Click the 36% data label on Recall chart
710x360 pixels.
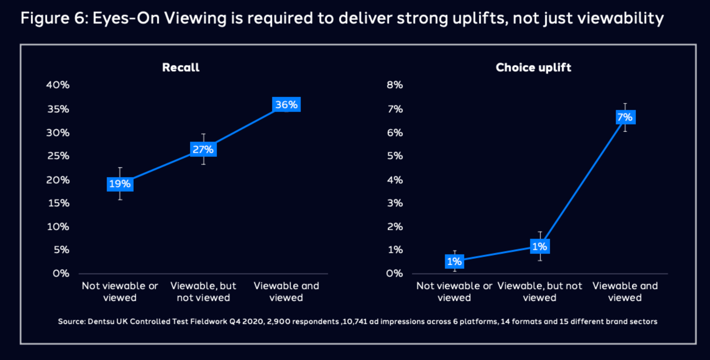click(x=286, y=105)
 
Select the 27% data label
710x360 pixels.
click(x=203, y=150)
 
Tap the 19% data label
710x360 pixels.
click(x=120, y=184)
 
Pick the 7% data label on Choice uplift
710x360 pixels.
click(x=625, y=118)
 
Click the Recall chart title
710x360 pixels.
click(x=181, y=67)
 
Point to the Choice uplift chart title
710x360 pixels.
click(x=533, y=67)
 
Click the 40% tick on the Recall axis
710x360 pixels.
click(x=58, y=85)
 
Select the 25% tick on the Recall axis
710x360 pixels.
click(x=58, y=156)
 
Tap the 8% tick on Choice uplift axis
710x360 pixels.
click(x=395, y=85)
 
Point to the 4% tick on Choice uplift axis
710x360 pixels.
click(x=395, y=180)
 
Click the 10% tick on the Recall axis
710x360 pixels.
click(x=58, y=227)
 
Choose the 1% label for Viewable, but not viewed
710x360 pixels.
click(x=540, y=247)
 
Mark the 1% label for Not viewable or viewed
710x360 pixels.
click(x=454, y=262)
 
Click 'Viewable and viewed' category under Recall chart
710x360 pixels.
click(x=286, y=292)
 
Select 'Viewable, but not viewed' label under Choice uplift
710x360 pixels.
click(x=540, y=292)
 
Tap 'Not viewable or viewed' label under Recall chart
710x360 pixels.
click(x=120, y=292)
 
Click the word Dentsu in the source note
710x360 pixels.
click(x=101, y=322)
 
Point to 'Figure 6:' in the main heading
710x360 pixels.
click(x=54, y=18)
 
